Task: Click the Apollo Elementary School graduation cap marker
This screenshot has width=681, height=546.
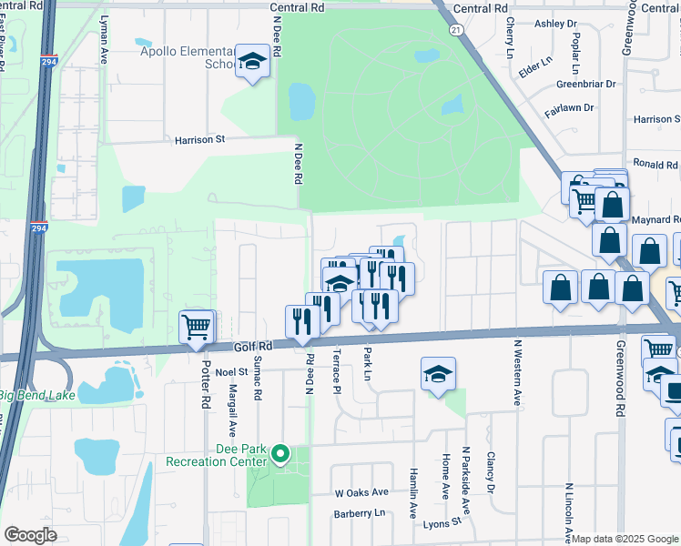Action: click(251, 62)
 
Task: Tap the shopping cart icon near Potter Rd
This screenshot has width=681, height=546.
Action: click(197, 327)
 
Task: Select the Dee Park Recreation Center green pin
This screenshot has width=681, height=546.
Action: click(281, 453)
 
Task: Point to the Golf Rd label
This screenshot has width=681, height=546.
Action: click(252, 347)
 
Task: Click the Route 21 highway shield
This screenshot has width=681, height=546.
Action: click(456, 30)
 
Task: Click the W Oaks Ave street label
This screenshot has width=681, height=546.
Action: click(361, 492)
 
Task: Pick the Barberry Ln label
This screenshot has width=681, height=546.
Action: click(360, 513)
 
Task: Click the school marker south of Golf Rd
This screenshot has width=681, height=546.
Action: click(438, 374)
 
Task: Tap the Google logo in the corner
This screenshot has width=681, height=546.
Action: click(30, 535)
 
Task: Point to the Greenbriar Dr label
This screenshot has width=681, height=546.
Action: click(585, 84)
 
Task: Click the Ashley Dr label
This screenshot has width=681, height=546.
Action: click(555, 24)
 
